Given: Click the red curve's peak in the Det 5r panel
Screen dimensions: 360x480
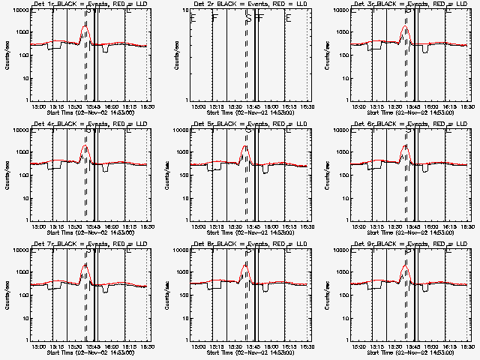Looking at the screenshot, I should point(246,147).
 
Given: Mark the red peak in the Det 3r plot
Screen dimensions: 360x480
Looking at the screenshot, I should point(406,27).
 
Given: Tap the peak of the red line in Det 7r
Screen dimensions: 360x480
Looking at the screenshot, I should point(85,265).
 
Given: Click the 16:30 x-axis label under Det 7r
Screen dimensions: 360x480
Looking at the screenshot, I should point(147,346).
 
